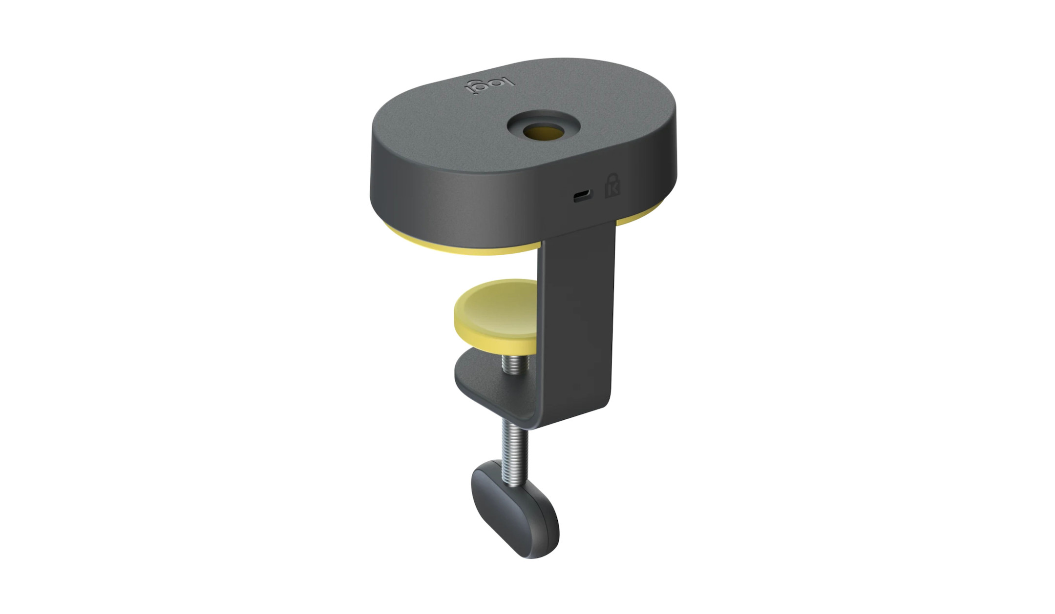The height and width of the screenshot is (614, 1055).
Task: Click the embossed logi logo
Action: pos(489,87)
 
